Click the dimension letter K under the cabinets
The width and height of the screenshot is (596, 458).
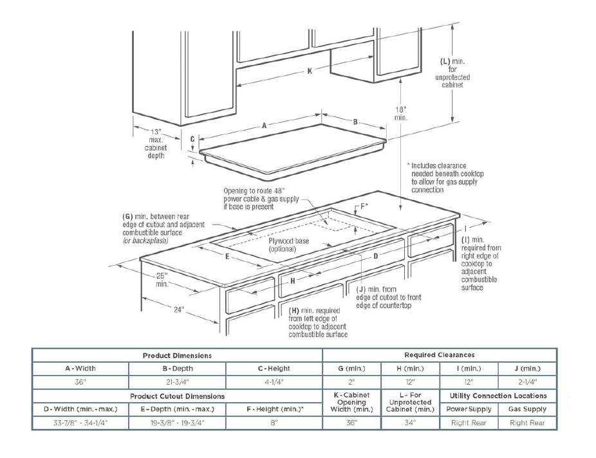[309, 71]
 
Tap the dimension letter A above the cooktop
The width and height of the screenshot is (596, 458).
[264, 126]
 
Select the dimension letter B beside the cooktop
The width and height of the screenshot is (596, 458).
[355, 122]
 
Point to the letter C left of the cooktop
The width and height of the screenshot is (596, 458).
[192, 139]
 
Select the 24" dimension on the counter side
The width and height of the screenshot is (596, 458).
[178, 309]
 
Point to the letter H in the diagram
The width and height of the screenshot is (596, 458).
[292, 280]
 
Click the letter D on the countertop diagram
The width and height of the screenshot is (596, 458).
[376, 255]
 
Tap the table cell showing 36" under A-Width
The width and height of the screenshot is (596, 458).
[80, 382]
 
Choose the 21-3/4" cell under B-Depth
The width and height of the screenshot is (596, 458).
[177, 382]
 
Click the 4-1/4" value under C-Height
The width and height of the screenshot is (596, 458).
[274, 382]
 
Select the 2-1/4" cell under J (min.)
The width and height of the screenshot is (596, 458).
[527, 382]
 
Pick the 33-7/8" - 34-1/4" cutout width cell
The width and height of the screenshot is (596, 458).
[80, 423]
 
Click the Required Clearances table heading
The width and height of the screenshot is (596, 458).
[439, 354]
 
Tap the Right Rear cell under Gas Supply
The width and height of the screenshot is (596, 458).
[527, 423]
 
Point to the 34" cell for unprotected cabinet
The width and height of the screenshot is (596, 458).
[411, 423]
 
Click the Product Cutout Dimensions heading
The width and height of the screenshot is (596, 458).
[177, 396]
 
